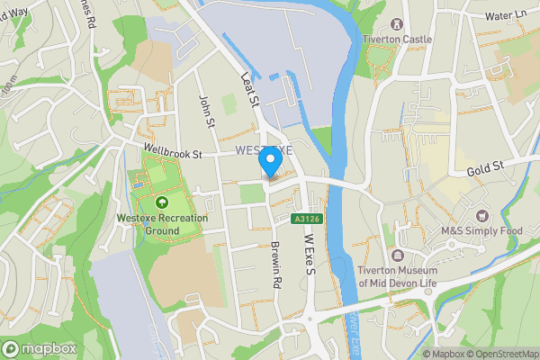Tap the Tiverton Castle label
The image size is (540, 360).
point(397,40)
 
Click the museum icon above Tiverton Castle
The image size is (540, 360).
point(397,22)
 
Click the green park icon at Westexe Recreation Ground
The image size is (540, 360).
point(162,202)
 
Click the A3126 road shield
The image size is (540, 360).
point(306,217)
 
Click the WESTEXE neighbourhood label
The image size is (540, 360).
point(264,150)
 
